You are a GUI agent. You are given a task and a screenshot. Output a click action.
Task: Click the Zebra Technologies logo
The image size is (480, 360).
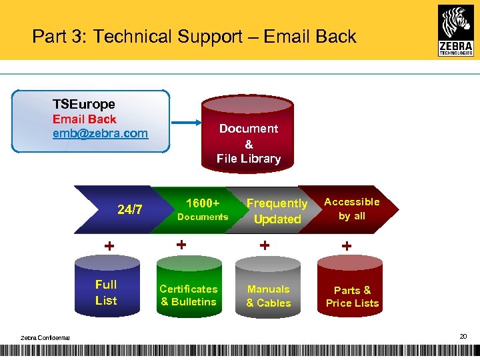[x=456, y=30]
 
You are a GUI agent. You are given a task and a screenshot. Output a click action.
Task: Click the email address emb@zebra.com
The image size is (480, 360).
[x=101, y=133]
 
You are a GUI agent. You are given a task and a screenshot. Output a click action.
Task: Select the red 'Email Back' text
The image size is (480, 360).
[x=85, y=119]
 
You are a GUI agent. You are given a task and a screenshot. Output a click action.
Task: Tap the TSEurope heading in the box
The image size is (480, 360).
[x=84, y=104]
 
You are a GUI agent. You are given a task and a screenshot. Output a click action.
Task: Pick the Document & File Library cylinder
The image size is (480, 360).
[x=248, y=134]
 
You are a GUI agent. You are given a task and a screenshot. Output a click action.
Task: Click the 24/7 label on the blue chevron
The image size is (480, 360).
[x=130, y=209]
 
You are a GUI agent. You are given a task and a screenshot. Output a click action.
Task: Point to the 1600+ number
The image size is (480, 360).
[x=203, y=203]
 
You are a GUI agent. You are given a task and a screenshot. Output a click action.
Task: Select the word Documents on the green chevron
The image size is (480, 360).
[x=203, y=217]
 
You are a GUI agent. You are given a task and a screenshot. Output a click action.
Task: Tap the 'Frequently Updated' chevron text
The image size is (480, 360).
[x=277, y=211]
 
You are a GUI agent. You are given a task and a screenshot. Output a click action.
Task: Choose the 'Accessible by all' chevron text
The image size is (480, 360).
[x=351, y=208]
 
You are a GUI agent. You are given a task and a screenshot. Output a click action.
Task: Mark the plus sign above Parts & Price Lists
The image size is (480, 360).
[x=347, y=246]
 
